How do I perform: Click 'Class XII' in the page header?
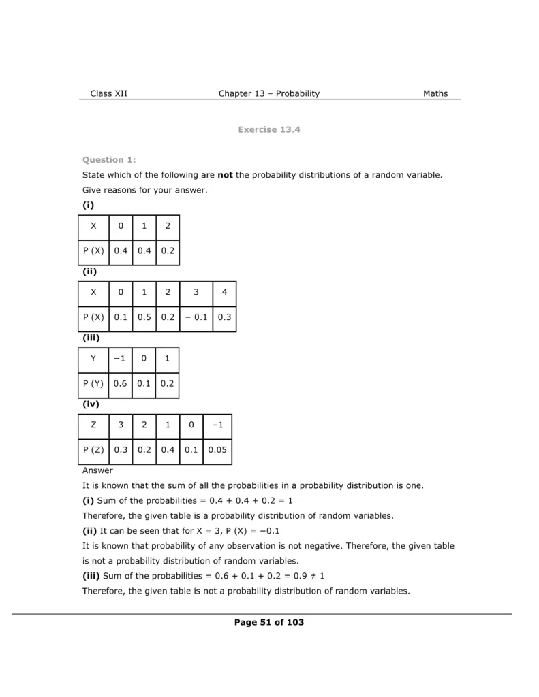click(x=108, y=94)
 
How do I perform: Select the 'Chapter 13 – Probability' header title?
click(x=268, y=94)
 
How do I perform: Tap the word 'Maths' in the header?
click(x=435, y=94)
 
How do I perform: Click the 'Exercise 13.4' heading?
click(x=269, y=129)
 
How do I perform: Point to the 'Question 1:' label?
click(x=109, y=160)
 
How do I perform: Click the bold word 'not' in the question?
click(x=225, y=175)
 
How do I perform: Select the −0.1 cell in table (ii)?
click(x=196, y=317)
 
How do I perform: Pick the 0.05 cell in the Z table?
click(x=217, y=450)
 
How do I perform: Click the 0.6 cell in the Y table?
click(x=121, y=383)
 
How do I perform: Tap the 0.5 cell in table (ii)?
click(x=144, y=317)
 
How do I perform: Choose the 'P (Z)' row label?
click(x=93, y=450)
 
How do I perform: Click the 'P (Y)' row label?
click(x=93, y=383)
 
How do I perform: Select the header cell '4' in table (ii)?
click(x=224, y=293)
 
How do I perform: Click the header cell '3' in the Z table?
click(x=121, y=425)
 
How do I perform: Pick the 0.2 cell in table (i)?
click(x=167, y=250)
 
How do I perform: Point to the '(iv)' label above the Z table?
click(x=91, y=404)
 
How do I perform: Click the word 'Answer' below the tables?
click(x=97, y=470)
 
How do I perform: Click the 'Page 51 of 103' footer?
click(x=269, y=622)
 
